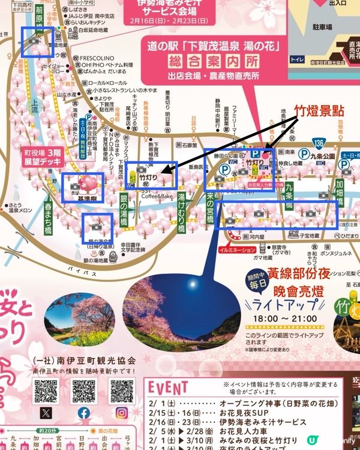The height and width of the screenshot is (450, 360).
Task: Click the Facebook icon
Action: point(83,413)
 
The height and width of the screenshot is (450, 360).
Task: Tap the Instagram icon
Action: point(121,413)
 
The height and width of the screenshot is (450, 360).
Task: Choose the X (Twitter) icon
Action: point(46,413)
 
